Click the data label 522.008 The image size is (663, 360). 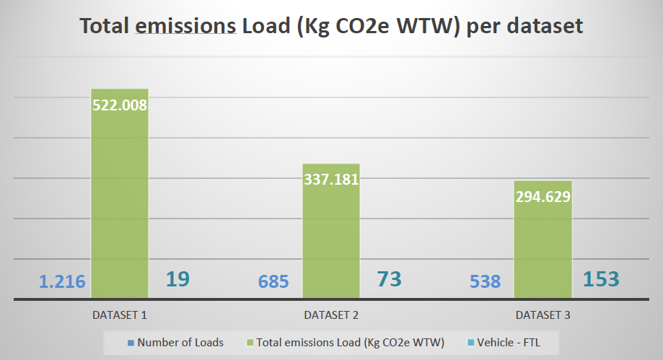pos(120,105)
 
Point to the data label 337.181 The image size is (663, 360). pos(331,179)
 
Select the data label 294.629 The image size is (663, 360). pos(543,197)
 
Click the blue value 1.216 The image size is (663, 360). pos(62,281)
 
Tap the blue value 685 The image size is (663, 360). pos(273,281)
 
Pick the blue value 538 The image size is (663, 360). pos(485,281)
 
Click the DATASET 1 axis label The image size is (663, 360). pos(120,315)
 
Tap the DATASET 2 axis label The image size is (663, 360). pos(331,315)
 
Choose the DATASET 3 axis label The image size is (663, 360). pos(543,315)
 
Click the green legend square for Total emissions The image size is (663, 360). pos(251,343)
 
